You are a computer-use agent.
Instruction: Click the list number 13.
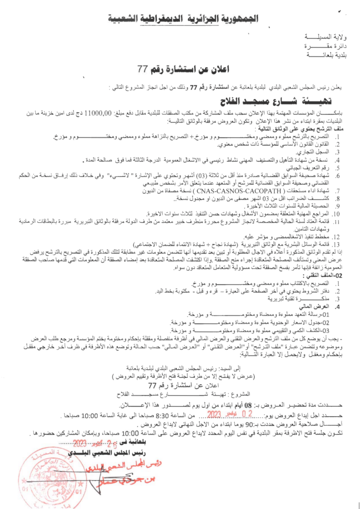point(337,245)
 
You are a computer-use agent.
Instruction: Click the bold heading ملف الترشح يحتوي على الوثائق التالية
point(299,128)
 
